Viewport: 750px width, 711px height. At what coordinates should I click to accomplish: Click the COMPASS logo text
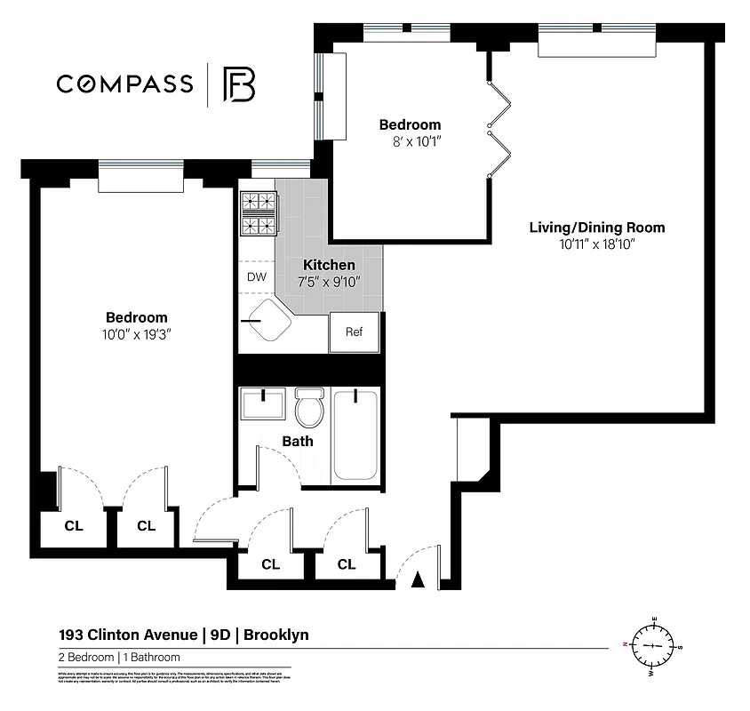124,84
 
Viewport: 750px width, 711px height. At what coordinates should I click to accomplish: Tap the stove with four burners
259,213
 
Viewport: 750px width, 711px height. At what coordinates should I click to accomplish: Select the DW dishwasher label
257,276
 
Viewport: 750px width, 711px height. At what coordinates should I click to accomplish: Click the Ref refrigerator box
354,332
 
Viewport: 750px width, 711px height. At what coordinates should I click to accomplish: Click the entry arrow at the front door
418,581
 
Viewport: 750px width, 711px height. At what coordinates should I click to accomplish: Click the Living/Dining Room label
596,228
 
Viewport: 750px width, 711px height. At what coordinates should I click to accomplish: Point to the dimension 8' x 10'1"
410,141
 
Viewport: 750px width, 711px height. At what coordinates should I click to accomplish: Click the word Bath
298,441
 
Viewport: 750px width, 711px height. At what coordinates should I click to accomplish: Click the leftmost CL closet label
73,526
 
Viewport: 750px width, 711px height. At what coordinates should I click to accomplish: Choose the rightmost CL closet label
347,564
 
